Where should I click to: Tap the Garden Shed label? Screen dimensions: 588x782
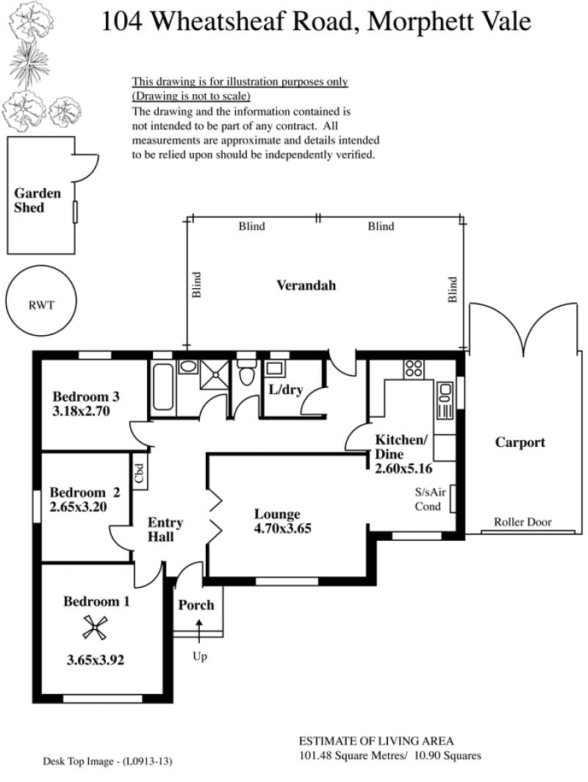(x=37, y=201)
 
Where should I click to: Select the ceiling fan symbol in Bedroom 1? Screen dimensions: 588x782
(x=95, y=628)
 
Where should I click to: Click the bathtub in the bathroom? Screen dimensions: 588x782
(x=163, y=387)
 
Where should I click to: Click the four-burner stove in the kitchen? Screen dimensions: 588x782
(x=414, y=368)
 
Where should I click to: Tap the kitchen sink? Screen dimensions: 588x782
(x=445, y=401)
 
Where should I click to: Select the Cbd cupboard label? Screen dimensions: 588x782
(x=139, y=473)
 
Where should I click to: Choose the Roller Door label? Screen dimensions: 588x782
(x=523, y=522)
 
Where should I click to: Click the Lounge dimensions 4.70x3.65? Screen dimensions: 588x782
(x=282, y=528)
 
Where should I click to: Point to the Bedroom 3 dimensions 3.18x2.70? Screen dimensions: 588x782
(x=82, y=412)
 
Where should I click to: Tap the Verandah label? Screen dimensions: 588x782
(x=306, y=285)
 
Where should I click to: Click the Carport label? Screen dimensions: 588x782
(x=520, y=443)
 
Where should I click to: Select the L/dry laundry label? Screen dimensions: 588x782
(x=286, y=390)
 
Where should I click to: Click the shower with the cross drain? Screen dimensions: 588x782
(x=215, y=374)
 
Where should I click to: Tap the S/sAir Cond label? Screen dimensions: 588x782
(x=430, y=499)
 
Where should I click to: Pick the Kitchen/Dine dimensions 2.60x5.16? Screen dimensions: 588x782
(x=404, y=469)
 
